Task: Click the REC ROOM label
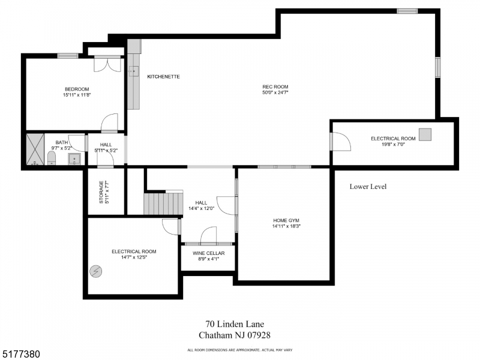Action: (275, 86)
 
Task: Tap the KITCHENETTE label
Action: (164, 77)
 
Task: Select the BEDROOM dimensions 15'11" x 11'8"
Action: (77, 95)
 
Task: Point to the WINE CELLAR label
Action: (208, 253)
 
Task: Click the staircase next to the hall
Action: (163, 203)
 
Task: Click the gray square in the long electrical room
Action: (425, 134)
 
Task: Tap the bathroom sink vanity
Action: (74, 158)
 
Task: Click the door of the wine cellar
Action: (208, 235)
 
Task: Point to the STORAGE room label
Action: (106, 192)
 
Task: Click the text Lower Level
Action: (368, 187)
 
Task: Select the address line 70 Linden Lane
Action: (234, 325)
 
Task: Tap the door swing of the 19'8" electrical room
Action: (341, 142)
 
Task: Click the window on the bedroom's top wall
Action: (68, 56)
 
